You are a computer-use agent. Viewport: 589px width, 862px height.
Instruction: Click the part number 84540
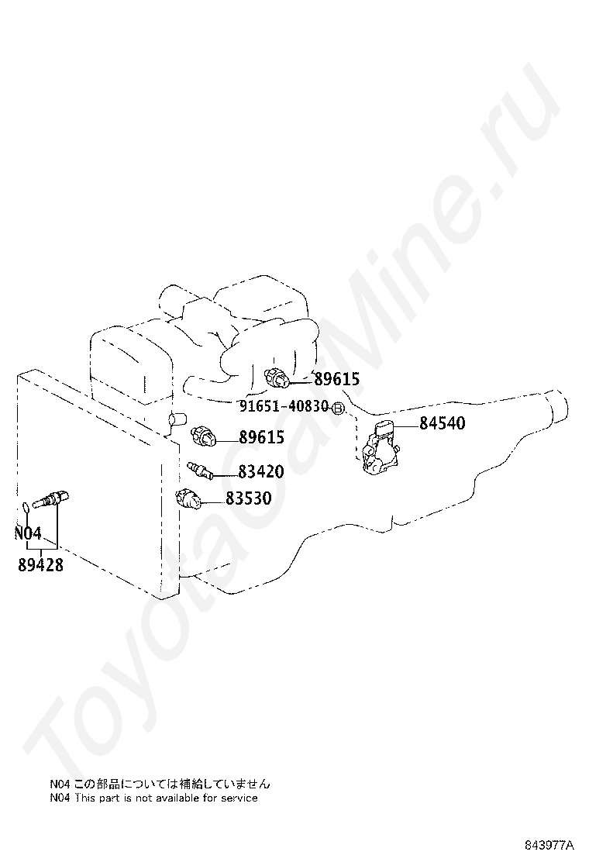[x=443, y=423]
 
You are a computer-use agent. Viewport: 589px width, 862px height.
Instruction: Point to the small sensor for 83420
[x=199, y=469]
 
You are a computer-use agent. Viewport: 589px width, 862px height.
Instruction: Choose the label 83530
[x=248, y=499]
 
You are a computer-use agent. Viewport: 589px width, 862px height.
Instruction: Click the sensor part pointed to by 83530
[x=188, y=498]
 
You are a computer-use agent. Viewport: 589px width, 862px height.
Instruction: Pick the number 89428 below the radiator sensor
[x=40, y=565]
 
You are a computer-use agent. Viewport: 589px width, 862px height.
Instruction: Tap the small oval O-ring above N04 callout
[x=26, y=508]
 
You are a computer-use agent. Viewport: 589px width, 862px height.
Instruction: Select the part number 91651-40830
[x=284, y=406]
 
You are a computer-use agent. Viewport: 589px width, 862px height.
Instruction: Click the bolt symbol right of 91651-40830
[x=338, y=407]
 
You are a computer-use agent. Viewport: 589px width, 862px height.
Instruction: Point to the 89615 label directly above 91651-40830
[x=336, y=379]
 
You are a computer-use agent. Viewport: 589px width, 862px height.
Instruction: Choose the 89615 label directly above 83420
[x=260, y=438]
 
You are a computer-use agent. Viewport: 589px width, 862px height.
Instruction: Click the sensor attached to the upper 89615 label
[x=277, y=378]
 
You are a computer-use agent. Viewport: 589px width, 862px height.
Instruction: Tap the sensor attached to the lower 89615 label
[x=203, y=435]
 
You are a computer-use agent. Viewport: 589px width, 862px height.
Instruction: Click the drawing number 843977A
[x=547, y=844]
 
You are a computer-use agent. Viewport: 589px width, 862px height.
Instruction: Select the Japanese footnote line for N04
[x=160, y=784]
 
